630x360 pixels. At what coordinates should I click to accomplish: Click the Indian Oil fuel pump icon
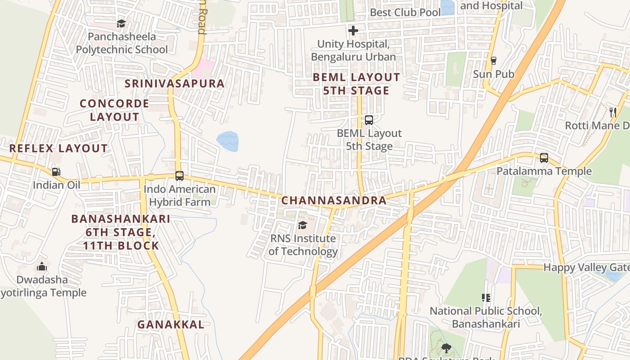(x=56, y=171)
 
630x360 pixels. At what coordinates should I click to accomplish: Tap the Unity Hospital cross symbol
(x=354, y=31)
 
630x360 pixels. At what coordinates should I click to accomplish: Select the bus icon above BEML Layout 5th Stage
(x=369, y=120)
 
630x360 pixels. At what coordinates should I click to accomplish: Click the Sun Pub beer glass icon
(x=494, y=61)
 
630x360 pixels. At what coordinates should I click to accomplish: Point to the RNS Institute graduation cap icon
(x=302, y=225)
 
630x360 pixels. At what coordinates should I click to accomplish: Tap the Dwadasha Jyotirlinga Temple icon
(x=42, y=266)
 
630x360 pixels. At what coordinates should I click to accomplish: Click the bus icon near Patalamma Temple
(x=544, y=158)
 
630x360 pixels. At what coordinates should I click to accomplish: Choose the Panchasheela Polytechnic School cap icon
(x=121, y=23)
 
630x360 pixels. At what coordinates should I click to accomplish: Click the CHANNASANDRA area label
(x=334, y=201)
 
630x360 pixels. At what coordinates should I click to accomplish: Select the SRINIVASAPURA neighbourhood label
(x=175, y=84)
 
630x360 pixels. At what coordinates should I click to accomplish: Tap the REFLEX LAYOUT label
(x=58, y=148)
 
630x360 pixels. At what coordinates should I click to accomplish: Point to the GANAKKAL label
(x=171, y=324)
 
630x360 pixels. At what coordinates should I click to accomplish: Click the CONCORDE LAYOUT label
(x=114, y=110)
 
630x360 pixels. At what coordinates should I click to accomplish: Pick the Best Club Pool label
(x=405, y=13)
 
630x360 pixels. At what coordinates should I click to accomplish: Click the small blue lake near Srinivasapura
(x=228, y=141)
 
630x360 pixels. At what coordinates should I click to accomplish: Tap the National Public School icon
(x=486, y=297)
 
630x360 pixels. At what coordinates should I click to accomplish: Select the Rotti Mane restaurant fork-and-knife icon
(x=612, y=112)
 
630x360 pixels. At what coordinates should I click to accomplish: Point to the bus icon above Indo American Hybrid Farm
(x=180, y=176)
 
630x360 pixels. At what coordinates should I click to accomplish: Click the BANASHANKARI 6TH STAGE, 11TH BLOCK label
(x=121, y=232)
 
